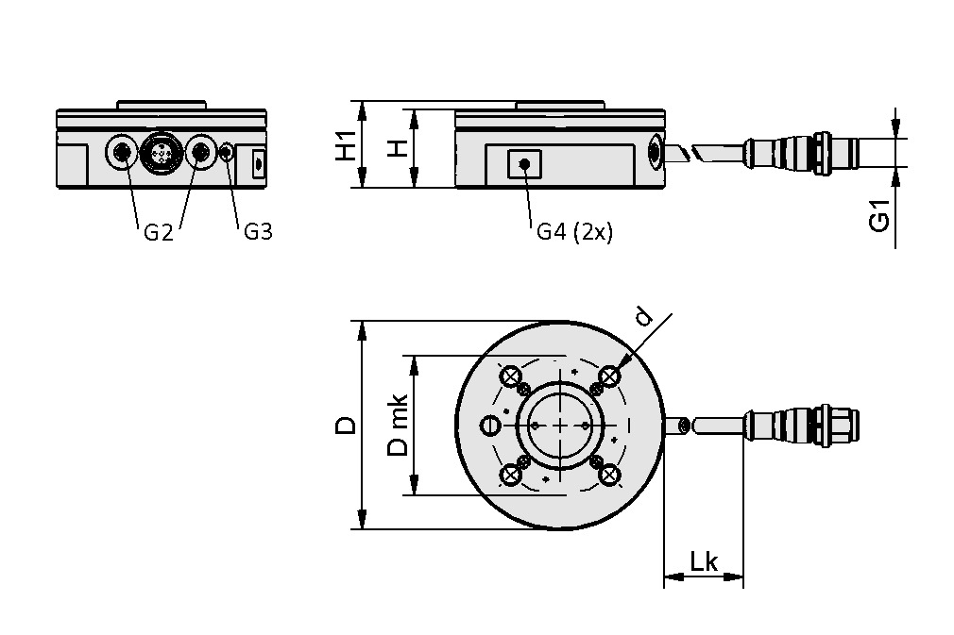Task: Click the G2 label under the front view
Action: click(x=158, y=232)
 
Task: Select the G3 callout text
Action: click(x=257, y=232)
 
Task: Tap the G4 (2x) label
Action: click(x=574, y=232)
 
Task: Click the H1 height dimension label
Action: click(x=348, y=144)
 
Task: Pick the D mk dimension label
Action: click(x=399, y=426)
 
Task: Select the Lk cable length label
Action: click(x=704, y=562)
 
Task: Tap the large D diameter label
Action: click(x=348, y=426)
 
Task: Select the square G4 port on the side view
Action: click(x=523, y=164)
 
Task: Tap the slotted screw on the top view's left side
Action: click(x=488, y=426)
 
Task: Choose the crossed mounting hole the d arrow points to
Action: click(x=609, y=376)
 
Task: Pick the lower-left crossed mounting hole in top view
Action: click(x=513, y=475)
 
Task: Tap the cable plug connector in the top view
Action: click(x=803, y=427)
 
